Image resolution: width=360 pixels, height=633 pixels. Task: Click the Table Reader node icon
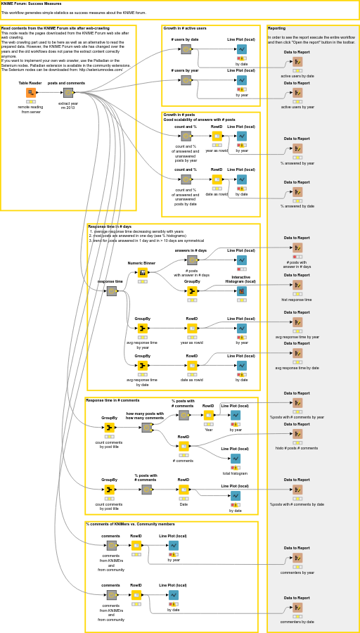(x=30, y=93)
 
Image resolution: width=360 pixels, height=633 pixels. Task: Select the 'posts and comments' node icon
(x=68, y=93)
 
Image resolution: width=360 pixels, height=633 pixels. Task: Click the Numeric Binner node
(x=143, y=273)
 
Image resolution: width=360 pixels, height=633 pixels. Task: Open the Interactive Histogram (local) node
(x=242, y=291)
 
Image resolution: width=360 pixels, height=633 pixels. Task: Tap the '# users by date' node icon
(x=186, y=49)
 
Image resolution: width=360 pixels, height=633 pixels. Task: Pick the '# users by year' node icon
(x=186, y=80)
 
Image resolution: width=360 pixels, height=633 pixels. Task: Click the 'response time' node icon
(x=111, y=291)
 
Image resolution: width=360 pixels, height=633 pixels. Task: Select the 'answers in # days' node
(x=192, y=260)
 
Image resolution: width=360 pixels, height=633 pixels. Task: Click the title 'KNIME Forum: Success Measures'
(x=31, y=4)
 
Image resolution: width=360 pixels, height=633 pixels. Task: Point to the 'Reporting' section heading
(x=277, y=29)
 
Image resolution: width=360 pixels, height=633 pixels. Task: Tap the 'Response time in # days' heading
(x=110, y=226)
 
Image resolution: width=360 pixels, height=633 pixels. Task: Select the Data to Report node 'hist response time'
(x=297, y=285)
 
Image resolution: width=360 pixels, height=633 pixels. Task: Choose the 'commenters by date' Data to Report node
(x=297, y=608)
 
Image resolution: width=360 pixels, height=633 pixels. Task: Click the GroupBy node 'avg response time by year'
(x=143, y=328)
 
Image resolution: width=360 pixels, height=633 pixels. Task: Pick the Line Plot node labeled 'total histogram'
(x=236, y=459)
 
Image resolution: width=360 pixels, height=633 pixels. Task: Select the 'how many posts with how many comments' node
(x=146, y=428)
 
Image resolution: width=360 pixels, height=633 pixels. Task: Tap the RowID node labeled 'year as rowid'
(x=217, y=136)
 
